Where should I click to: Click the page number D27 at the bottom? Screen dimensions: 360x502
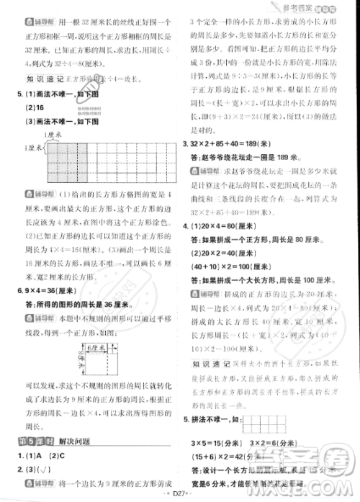[179, 494]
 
